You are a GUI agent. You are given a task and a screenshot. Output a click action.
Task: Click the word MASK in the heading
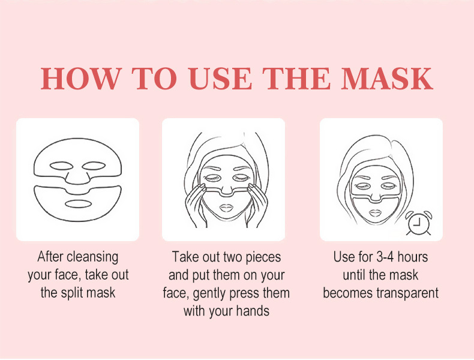(387, 79)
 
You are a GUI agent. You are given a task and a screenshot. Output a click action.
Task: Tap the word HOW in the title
(82, 79)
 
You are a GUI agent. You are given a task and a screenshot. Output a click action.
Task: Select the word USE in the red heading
(220, 79)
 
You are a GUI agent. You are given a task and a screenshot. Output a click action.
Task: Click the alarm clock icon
(419, 223)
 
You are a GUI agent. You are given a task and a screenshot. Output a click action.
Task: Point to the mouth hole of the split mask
(78, 205)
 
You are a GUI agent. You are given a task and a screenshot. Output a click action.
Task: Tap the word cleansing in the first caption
(92, 257)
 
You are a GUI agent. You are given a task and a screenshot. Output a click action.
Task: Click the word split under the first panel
(73, 293)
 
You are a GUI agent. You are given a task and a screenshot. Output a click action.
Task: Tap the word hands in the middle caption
(253, 311)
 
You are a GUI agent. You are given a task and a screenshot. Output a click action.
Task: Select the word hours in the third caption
(413, 257)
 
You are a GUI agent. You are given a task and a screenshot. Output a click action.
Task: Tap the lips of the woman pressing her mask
(226, 208)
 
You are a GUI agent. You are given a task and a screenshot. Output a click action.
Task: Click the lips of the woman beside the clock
(375, 213)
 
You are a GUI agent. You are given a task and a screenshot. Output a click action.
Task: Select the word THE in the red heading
(296, 79)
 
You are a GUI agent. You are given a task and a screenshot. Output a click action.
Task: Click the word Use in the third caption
(344, 257)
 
